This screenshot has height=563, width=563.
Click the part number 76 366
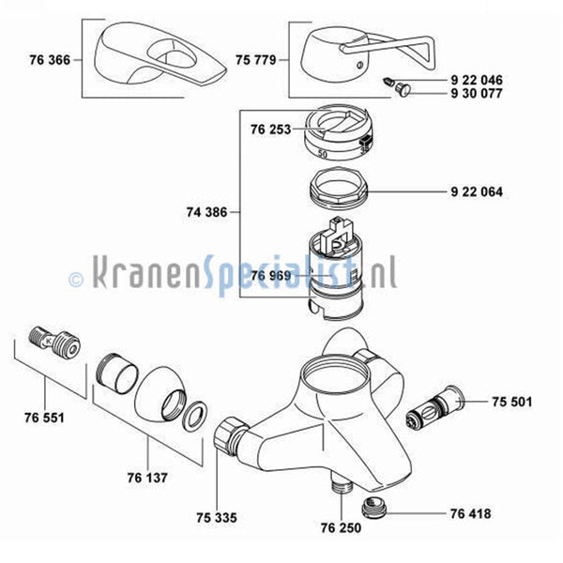coord(50,60)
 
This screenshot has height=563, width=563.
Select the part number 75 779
coord(255,60)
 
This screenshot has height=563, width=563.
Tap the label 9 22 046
coord(477,80)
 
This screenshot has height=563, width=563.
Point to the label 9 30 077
coord(477,93)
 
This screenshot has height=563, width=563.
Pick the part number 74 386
coord(206,212)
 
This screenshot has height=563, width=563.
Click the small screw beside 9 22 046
coord(388,82)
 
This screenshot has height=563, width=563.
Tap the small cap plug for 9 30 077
coord(403,89)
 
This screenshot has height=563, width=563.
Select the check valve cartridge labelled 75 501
coord(434,408)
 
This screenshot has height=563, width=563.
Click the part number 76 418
coord(470,513)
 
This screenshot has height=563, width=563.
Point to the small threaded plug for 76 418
coord(373,507)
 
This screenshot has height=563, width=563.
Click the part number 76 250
coord(341,527)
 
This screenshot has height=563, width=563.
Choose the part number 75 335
coord(217,517)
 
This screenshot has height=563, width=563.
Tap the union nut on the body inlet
coord(230,435)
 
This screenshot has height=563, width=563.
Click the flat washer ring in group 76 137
coord(195,416)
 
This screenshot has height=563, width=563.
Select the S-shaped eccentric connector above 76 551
coord(53,342)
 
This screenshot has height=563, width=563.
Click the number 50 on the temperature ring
coord(323,154)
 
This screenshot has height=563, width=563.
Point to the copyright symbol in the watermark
coord(76,280)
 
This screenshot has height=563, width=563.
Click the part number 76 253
coord(270,129)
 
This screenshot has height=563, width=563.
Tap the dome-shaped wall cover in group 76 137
coord(160,394)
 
